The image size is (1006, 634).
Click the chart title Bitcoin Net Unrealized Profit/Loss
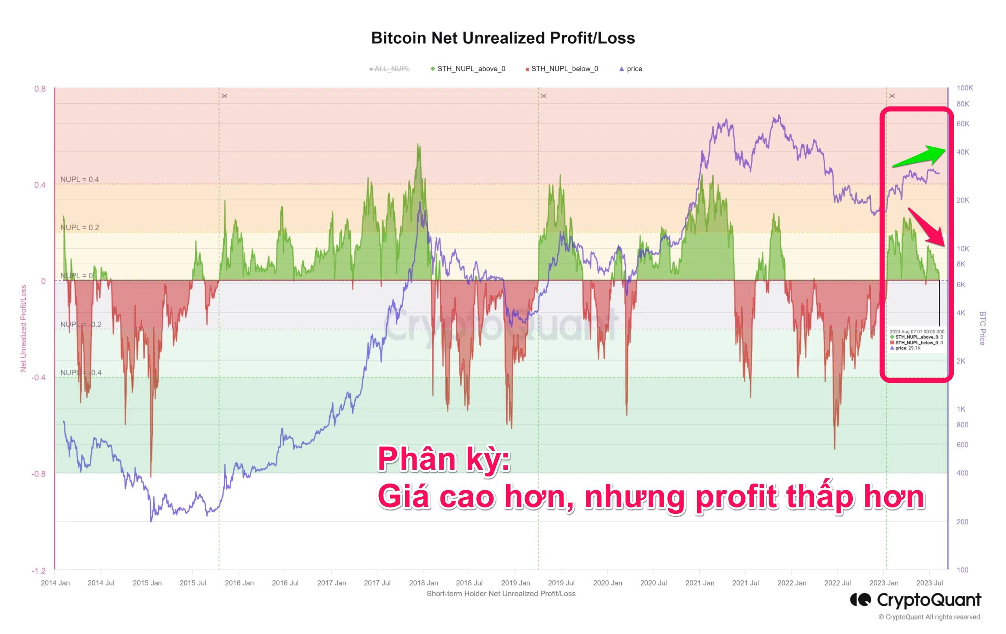pyautogui.click(x=503, y=38)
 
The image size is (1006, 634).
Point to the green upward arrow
pyautogui.click(x=919, y=156)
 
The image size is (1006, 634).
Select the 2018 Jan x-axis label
pyautogui.click(x=423, y=583)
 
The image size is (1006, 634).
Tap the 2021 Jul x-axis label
pyautogui.click(x=745, y=583)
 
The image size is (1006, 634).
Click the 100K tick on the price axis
pyautogui.click(x=965, y=88)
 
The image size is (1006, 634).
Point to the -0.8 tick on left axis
pyautogui.click(x=39, y=474)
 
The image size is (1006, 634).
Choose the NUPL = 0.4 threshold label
pyautogui.click(x=80, y=180)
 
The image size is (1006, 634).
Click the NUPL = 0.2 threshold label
pyautogui.click(x=80, y=228)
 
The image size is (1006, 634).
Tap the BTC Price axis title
pyautogui.click(x=982, y=328)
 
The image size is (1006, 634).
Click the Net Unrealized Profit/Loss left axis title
pyautogui.click(x=24, y=328)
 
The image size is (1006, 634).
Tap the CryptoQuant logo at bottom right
pyautogui.click(x=915, y=600)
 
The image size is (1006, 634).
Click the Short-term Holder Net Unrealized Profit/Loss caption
pyautogui.click(x=501, y=594)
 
